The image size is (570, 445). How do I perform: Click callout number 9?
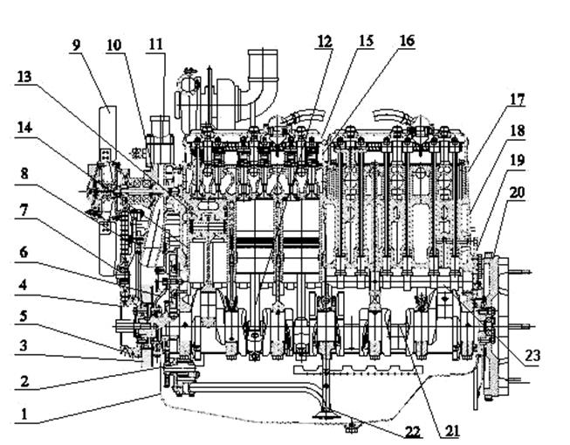click(76, 45)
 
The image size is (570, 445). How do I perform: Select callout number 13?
click(24, 77)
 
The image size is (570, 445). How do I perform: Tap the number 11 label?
click(156, 45)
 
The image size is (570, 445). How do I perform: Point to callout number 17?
click(518, 100)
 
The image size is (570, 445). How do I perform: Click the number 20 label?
click(518, 192)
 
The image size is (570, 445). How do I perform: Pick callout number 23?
click(532, 355)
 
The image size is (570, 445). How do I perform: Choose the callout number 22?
click(413, 431)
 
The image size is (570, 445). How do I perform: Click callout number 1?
click(24, 414)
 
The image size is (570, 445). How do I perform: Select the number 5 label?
click(24, 316)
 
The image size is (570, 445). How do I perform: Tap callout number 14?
click(24, 128)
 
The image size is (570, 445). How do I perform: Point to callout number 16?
click(407, 41)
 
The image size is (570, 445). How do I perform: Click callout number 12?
click(325, 41)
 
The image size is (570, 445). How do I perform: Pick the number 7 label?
click(24, 211)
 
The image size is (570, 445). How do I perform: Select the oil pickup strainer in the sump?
click(326, 414)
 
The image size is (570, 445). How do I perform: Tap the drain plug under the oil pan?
click(352, 427)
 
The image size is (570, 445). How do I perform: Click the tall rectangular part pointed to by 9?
click(107, 190)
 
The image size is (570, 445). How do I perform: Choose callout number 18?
click(518, 130)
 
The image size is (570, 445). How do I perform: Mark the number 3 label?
click(24, 345)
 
